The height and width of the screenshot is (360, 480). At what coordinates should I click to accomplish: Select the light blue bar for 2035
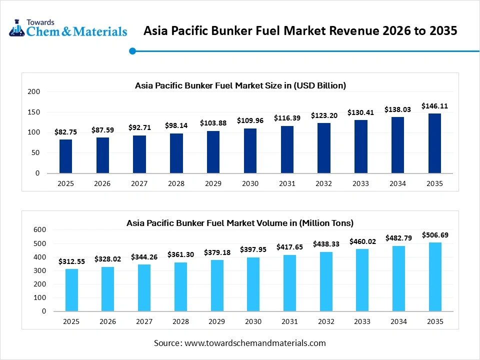tap(434, 276)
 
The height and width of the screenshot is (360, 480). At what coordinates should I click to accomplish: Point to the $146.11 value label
tap(434, 106)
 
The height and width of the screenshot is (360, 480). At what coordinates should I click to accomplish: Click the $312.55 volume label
tap(71, 261)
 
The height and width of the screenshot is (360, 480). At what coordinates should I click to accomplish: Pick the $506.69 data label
tap(434, 235)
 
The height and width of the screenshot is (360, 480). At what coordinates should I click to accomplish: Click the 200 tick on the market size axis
tap(34, 92)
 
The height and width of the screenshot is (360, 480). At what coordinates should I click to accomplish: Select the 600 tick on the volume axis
tap(39, 230)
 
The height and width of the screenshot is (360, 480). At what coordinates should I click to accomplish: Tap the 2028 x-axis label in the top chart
tap(176, 183)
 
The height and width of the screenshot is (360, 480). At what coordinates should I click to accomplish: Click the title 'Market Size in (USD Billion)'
tap(240, 85)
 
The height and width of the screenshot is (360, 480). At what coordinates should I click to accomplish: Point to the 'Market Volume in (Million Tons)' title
tap(240, 223)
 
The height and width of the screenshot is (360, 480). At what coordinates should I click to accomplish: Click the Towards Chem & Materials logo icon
tap(17, 28)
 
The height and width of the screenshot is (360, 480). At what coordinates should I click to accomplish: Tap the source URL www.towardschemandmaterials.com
tap(255, 343)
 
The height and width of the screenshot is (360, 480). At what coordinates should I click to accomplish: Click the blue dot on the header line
tap(132, 50)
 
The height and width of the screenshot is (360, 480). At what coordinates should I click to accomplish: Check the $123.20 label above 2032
tap(323, 115)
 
